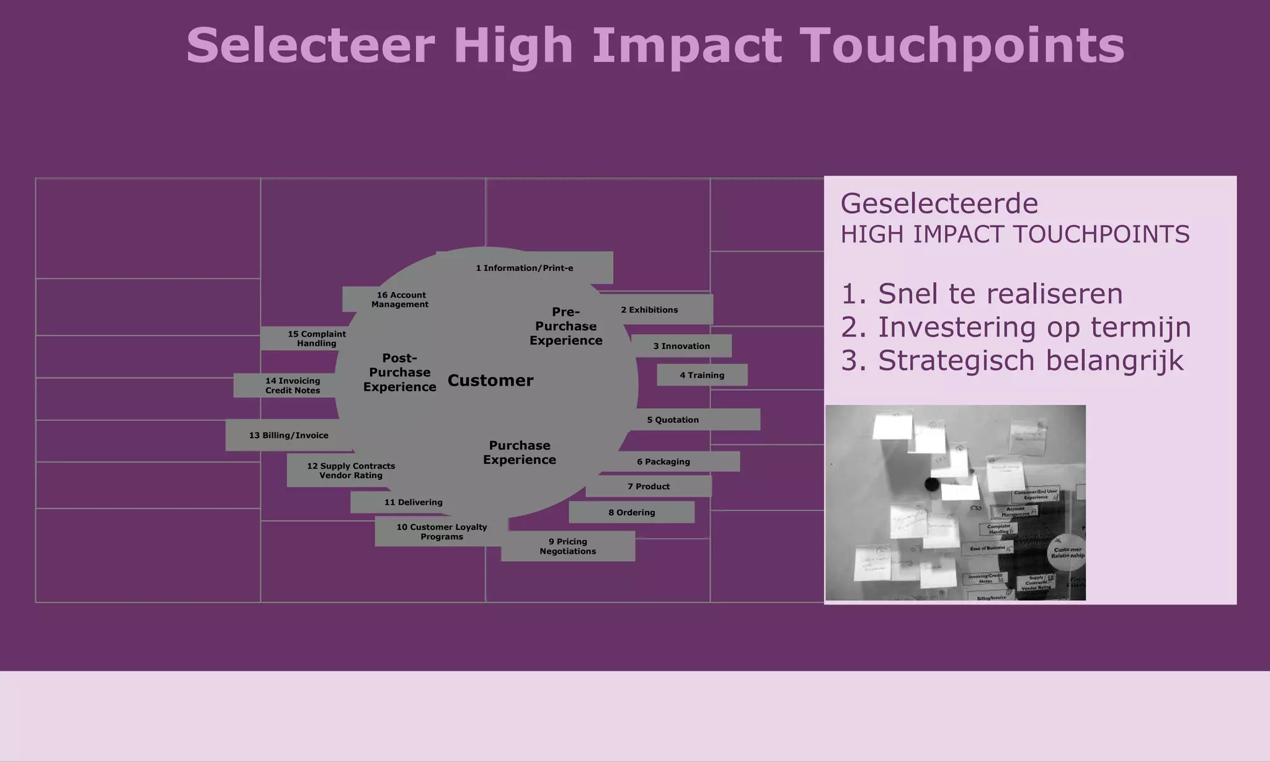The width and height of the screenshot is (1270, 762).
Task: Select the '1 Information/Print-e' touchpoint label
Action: tap(525, 268)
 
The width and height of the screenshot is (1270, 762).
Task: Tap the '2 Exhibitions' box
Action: tap(650, 309)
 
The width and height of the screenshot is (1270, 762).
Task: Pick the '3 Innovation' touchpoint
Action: tap(682, 346)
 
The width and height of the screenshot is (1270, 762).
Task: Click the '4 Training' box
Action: tap(702, 375)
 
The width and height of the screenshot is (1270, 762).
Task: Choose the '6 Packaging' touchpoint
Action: tap(664, 461)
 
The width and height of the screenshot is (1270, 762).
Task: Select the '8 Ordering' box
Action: tap(632, 512)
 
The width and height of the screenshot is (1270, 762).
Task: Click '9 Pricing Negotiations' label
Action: tap(568, 546)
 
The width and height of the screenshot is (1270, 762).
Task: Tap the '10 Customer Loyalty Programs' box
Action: tap(442, 531)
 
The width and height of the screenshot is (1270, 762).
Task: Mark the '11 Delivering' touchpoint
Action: tap(414, 502)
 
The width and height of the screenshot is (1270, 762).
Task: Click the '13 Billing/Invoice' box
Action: tap(289, 435)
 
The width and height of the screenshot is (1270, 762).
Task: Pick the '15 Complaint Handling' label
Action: tap(316, 339)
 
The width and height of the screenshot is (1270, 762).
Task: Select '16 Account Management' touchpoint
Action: tap(400, 299)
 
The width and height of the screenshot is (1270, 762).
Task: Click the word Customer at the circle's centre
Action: tap(491, 380)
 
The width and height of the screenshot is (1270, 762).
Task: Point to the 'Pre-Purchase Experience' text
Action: tap(566, 326)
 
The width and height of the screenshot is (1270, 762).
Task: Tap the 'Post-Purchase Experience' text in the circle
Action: tap(400, 372)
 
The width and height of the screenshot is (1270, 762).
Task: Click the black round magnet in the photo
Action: tap(932, 484)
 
